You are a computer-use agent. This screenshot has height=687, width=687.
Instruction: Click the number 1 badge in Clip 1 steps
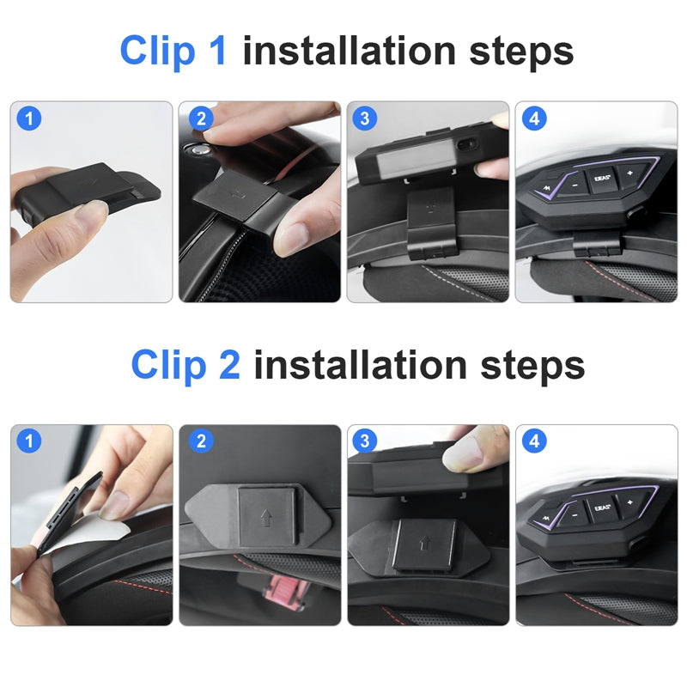(x=29, y=119)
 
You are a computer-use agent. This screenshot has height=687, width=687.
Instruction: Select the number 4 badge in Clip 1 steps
(x=534, y=119)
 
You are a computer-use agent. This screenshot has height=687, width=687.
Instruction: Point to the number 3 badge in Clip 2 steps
(x=366, y=441)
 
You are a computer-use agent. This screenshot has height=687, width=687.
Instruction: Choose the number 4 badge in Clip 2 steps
(x=534, y=441)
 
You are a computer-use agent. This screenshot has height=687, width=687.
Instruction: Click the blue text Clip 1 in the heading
(x=174, y=51)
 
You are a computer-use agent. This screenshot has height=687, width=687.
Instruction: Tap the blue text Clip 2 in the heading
(x=185, y=365)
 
